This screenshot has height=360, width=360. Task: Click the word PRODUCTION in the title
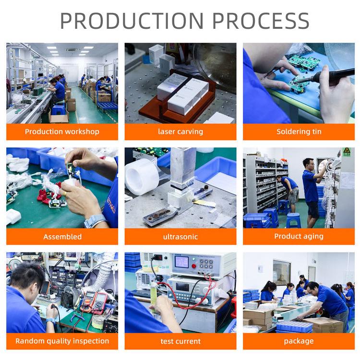(132, 21)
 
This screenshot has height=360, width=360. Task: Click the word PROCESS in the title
(261, 21)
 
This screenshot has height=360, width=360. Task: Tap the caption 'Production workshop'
(62, 132)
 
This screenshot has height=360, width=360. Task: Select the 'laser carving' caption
(180, 132)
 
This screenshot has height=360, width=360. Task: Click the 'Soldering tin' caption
(299, 132)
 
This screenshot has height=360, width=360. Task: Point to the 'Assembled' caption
(62, 237)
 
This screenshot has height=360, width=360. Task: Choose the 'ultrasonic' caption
(180, 237)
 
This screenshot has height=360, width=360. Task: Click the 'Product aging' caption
(299, 236)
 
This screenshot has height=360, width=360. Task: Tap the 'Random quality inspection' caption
(62, 341)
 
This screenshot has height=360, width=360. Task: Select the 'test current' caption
(180, 341)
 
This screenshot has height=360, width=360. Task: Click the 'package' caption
(299, 341)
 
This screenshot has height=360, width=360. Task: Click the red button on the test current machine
(194, 266)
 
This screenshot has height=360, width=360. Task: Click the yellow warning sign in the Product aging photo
(347, 152)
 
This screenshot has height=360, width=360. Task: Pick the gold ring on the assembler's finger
(65, 194)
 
